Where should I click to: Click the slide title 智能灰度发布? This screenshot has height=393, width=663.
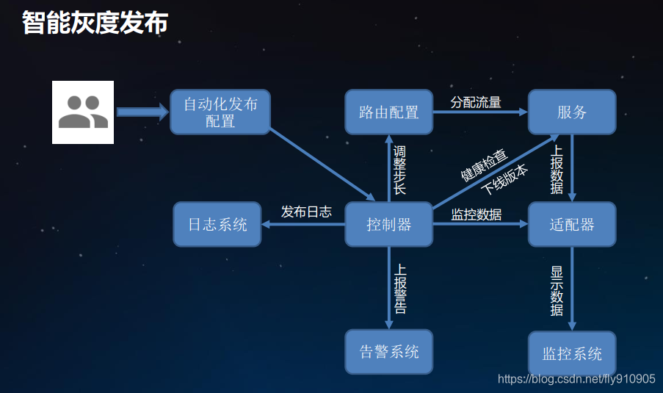click(95, 22)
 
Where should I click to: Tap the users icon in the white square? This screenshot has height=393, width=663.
click(83, 112)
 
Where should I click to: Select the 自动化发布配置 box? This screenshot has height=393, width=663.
click(220, 112)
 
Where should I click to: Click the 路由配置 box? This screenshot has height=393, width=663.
click(388, 112)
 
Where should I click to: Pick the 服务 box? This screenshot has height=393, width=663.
click(572, 112)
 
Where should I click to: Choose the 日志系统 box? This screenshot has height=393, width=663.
click(217, 224)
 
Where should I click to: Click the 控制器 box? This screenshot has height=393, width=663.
click(388, 224)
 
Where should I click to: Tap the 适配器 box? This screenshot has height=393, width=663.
click(572, 224)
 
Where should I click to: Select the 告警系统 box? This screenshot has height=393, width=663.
click(388, 352)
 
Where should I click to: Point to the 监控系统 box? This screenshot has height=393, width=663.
click(572, 353)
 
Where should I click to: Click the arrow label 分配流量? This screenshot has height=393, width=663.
click(476, 102)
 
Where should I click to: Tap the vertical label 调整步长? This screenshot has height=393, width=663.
click(399, 170)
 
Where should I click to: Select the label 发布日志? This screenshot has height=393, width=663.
click(306, 212)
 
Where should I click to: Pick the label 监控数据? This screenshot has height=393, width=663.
click(477, 214)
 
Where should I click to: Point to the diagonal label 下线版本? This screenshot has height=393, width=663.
click(504, 176)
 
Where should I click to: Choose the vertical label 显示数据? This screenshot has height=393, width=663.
click(557, 290)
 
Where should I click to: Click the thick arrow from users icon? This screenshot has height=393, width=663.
click(142, 112)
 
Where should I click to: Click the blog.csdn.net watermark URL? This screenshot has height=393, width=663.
click(576, 379)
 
